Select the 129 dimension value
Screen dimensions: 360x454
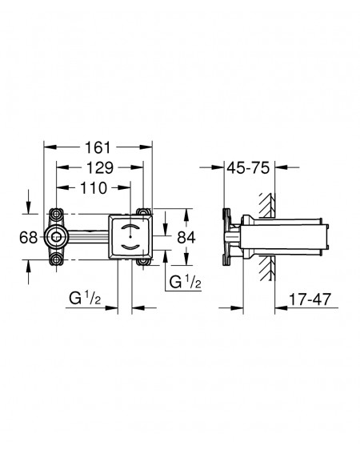(100, 168)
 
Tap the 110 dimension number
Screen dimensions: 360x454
(94, 188)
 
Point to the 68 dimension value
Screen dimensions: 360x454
(28, 238)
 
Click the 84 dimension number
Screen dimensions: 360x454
(186, 238)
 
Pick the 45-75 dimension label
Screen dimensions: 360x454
(248, 167)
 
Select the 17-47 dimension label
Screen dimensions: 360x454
(310, 299)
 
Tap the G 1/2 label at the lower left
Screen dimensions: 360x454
(85, 298)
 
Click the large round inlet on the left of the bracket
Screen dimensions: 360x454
(56, 237)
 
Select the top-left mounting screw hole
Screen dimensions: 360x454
(56, 215)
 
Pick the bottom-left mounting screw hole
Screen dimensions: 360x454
(56, 259)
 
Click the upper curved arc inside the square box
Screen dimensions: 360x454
(131, 227)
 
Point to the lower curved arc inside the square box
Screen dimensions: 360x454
(131, 247)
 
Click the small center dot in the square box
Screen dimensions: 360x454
(131, 237)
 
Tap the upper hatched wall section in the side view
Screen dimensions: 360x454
(267, 206)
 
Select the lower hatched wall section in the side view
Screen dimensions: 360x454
(267, 268)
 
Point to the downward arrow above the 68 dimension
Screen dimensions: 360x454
(28, 202)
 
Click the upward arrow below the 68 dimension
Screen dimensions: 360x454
(28, 272)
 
